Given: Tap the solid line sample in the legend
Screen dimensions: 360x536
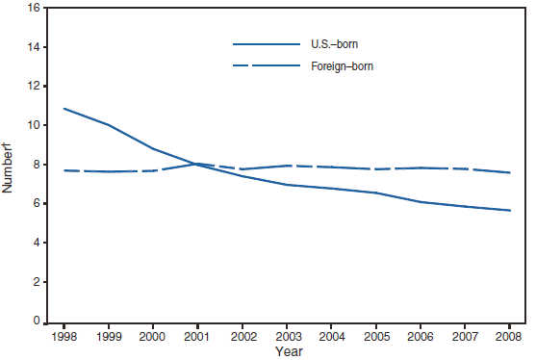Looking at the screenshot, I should coord(267,44).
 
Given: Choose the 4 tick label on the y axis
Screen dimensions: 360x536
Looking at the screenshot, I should coord(35,244).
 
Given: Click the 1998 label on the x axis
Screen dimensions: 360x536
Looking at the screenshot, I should coord(64,336).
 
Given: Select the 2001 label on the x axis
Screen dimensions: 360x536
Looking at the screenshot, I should coord(197,336).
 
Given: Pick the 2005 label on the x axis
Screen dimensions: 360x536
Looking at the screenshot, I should coord(375,336).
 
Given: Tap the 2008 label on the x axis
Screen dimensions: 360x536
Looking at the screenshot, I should coord(508,336).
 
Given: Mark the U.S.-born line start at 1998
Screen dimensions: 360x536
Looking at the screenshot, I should coord(64,109).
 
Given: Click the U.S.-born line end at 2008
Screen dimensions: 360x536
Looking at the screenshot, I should coord(508,210).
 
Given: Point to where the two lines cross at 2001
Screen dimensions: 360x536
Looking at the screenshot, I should coord(197,164).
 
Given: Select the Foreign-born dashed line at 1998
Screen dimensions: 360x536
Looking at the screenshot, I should coord(64,170).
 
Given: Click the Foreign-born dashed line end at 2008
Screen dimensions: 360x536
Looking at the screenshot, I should coord(508,172).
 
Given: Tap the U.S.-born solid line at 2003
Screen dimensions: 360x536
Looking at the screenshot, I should coord(286,185).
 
